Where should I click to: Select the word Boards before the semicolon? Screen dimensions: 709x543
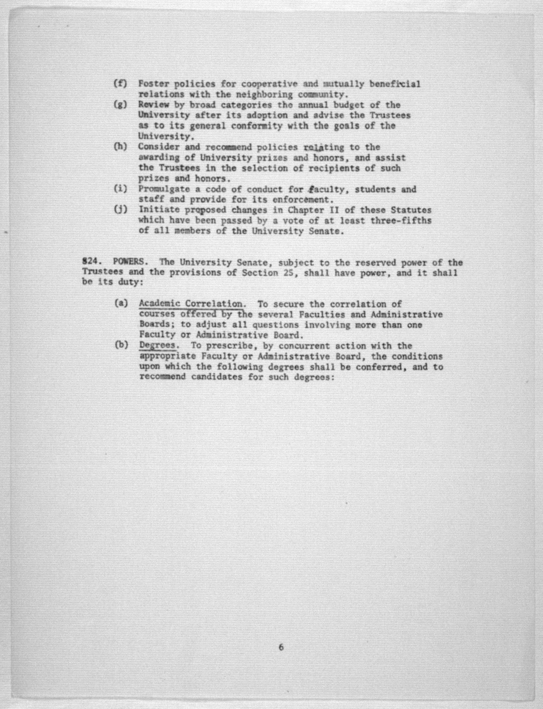click(154, 324)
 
